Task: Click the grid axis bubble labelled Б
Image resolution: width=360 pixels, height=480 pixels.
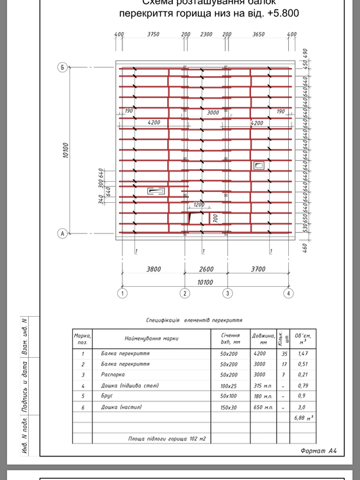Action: tap(63, 67)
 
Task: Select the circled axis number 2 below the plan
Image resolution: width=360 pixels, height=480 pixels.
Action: tap(184, 294)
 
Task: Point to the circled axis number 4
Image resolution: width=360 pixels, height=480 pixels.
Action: tap(289, 294)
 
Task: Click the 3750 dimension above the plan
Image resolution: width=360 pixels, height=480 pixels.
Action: tap(152, 35)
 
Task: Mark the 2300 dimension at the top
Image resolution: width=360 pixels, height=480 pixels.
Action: tap(206, 35)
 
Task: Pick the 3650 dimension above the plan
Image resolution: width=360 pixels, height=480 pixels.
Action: tap(259, 35)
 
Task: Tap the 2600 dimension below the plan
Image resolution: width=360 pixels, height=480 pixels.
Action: tap(206, 269)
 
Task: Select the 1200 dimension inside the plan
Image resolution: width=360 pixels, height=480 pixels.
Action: tap(199, 205)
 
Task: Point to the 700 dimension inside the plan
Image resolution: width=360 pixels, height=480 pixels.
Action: tap(215, 219)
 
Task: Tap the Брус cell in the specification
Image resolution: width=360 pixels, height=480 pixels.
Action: tap(107, 396)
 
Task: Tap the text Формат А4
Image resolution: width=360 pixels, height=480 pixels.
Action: tap(318, 451)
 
